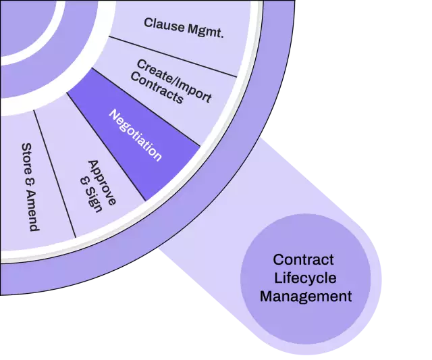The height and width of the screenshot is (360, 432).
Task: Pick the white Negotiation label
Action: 136,135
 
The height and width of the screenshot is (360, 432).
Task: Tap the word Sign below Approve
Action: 90,200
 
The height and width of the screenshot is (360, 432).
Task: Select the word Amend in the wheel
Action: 30,205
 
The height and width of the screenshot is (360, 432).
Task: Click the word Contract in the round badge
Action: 304,260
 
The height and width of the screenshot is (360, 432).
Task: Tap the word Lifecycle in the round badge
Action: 304,278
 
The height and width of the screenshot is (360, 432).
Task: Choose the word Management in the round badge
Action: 306,296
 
